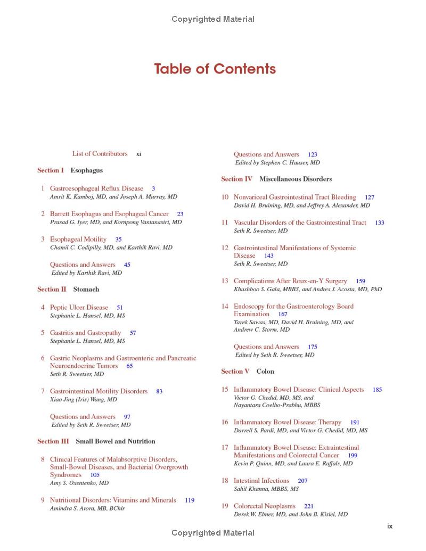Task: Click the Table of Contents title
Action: [x=215, y=69]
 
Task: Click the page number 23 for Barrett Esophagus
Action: [x=180, y=214]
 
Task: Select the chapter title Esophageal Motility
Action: [x=78, y=240]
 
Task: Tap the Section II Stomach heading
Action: [x=68, y=290]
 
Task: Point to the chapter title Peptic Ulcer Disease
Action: [x=79, y=308]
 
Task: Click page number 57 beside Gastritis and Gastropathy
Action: [x=133, y=333]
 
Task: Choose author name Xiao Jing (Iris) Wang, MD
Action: [x=84, y=399]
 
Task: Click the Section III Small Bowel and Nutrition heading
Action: [x=96, y=441]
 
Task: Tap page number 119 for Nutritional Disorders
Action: [x=190, y=500]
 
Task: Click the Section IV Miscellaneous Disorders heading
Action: [x=276, y=179]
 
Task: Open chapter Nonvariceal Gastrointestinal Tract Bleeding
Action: [x=295, y=198]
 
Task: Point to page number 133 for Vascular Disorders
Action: [x=379, y=223]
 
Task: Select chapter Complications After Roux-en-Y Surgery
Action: [x=290, y=281]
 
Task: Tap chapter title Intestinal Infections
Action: [x=261, y=481]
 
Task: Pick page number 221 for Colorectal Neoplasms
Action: [x=309, y=506]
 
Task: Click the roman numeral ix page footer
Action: [x=390, y=526]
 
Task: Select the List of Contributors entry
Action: [x=100, y=154]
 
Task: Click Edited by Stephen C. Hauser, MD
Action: [x=277, y=163]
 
